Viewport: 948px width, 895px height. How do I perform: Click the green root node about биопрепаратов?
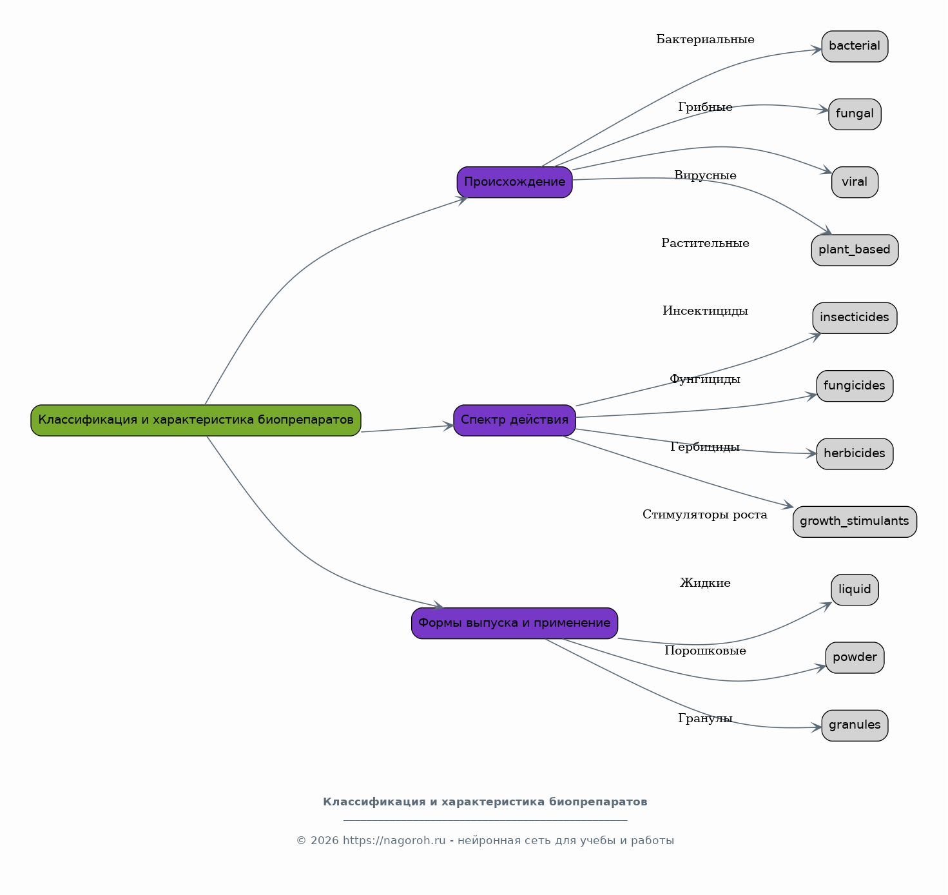tap(196, 420)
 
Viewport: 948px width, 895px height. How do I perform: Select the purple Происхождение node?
tap(514, 182)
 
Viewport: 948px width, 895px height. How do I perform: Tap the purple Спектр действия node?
tap(514, 420)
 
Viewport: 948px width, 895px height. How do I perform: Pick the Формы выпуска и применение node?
tap(514, 623)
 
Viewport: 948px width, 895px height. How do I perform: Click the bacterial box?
tap(855, 46)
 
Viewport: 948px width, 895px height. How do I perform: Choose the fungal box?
tap(855, 114)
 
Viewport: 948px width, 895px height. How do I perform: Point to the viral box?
tap(855, 182)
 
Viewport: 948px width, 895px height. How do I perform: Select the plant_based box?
tap(855, 250)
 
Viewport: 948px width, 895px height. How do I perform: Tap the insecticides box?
tap(855, 318)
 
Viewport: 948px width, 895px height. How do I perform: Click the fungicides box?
tap(855, 386)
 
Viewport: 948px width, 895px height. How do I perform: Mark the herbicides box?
tap(855, 454)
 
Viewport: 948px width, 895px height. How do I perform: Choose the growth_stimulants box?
tap(855, 522)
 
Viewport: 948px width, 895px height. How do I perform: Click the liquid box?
tap(855, 589)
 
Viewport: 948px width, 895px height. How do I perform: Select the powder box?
tap(855, 658)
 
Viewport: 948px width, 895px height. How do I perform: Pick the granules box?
tap(855, 725)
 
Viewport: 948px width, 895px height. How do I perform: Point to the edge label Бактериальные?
tap(705, 40)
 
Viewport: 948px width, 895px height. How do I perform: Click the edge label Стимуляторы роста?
tap(705, 515)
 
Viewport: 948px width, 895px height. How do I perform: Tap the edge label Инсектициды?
tap(705, 311)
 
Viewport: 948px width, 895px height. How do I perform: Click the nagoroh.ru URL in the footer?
tap(394, 841)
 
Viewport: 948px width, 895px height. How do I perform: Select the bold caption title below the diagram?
tap(485, 802)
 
